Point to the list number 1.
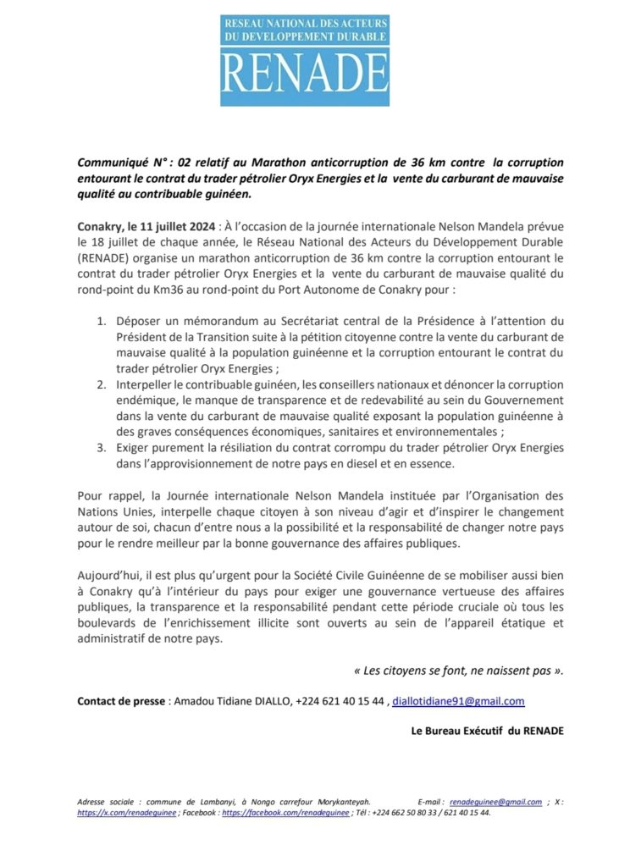click(x=100, y=321)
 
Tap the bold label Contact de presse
click(x=122, y=701)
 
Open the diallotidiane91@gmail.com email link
click(x=458, y=701)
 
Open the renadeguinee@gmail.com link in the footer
click(x=495, y=802)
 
